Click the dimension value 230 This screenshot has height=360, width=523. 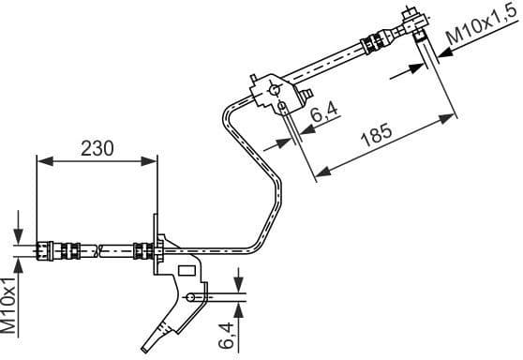click(x=97, y=147)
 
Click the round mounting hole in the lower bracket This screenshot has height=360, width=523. click(x=192, y=297)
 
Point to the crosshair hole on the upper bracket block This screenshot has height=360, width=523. click(x=274, y=89)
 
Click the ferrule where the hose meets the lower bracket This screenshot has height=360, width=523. click(x=142, y=250)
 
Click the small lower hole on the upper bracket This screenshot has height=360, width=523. click(x=282, y=107)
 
